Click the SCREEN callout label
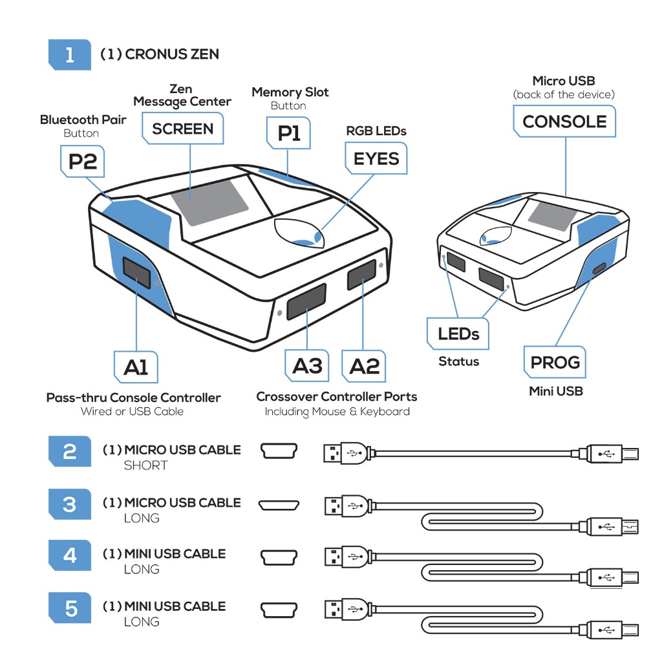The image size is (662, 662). pyautogui.click(x=183, y=129)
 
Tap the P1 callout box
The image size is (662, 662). pyautogui.click(x=288, y=133)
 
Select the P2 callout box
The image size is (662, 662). pyautogui.click(x=82, y=161)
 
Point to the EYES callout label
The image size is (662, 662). pyautogui.click(x=376, y=158)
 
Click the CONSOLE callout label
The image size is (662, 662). pyautogui.click(x=564, y=122)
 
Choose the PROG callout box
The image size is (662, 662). pyautogui.click(x=555, y=363)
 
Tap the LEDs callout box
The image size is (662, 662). pyautogui.click(x=458, y=334)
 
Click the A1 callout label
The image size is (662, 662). pyautogui.click(x=136, y=367)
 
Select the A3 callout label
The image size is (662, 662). pyautogui.click(x=307, y=366)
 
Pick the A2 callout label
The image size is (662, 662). pyautogui.click(x=364, y=366)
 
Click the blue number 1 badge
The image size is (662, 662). pyautogui.click(x=70, y=54)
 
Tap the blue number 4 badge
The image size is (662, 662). pyautogui.click(x=70, y=555)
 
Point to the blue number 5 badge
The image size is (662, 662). pyautogui.click(x=70, y=608)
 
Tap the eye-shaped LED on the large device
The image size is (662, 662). pyautogui.click(x=299, y=234)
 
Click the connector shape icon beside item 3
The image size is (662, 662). pyautogui.click(x=279, y=505)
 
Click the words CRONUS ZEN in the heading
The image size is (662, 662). pyautogui.click(x=172, y=54)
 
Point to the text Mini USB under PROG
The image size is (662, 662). pyautogui.click(x=556, y=391)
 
